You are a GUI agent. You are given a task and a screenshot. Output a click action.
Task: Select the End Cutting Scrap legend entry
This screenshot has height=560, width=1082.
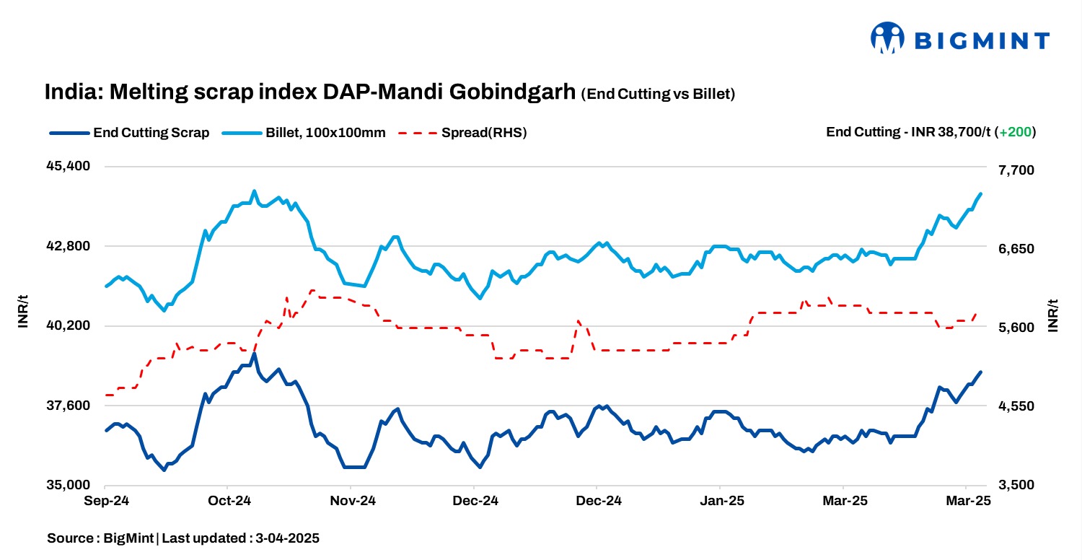coord(130,133)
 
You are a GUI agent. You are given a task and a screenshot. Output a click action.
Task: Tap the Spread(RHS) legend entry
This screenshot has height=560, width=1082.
coord(462,133)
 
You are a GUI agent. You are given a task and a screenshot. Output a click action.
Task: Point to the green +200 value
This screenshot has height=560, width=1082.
coord(1015,133)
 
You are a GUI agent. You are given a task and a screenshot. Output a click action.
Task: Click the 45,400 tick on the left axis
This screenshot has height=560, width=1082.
coord(69,166)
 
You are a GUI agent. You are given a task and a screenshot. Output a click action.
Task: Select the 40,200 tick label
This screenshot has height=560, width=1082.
coord(69,325)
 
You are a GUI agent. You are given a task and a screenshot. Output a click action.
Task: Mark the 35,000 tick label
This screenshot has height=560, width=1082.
coord(69,485)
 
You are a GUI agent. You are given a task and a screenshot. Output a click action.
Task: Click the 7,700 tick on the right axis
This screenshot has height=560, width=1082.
coord(1015,170)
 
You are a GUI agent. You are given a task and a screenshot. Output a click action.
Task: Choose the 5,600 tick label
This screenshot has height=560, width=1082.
coord(1015,328)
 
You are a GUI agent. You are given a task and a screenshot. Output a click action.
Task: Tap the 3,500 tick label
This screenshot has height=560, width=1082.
coord(1015,485)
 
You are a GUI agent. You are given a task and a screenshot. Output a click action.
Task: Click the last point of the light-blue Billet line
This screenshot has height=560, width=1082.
coord(981,193)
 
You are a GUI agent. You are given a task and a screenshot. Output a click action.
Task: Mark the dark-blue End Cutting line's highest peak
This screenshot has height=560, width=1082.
coord(254,354)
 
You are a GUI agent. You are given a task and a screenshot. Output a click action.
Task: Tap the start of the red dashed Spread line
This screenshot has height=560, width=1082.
coord(107,395)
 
